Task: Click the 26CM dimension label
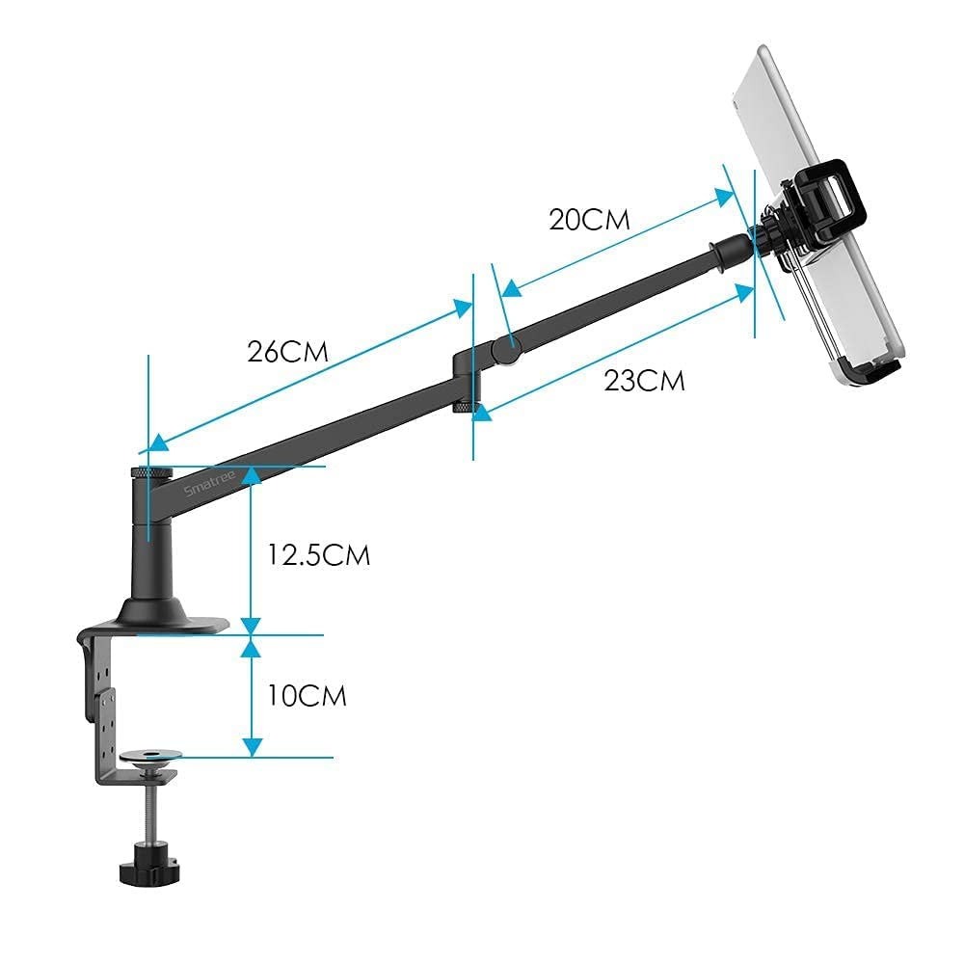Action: pos(287,351)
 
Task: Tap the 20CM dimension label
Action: pos(589,219)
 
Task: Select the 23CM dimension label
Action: pos(644,380)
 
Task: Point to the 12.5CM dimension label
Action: pos(319,555)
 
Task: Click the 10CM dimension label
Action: pos(307,695)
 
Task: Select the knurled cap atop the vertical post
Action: pos(151,472)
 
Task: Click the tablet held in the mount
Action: pos(829,212)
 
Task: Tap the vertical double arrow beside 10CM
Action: pos(252,694)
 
